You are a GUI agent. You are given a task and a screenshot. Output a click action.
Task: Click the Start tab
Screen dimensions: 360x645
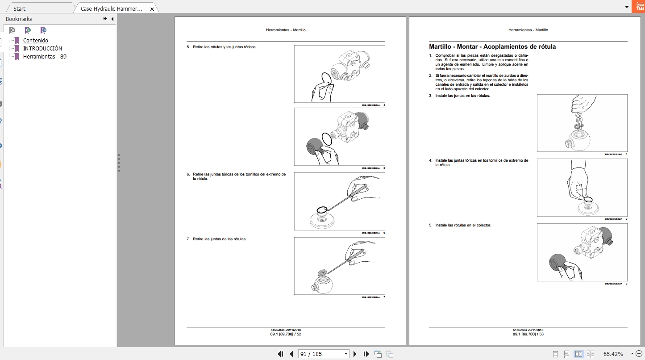coord(19,8)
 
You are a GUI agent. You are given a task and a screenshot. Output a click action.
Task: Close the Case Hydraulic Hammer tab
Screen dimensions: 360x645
coord(152,8)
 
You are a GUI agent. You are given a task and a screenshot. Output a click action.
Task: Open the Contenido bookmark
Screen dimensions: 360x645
coord(36,41)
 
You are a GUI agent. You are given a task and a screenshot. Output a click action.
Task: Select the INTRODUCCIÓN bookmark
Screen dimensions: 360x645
coord(42,49)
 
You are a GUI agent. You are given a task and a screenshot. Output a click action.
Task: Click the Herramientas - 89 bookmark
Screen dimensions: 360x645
coord(45,57)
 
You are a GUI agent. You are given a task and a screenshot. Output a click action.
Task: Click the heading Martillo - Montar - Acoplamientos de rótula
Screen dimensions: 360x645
coord(492,46)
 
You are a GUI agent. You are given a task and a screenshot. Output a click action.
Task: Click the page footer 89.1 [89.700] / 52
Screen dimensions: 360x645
coord(286,334)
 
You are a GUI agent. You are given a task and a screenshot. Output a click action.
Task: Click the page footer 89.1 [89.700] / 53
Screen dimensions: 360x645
coord(528,334)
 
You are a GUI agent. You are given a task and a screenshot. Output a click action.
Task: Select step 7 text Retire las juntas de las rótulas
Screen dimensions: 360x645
coord(219,239)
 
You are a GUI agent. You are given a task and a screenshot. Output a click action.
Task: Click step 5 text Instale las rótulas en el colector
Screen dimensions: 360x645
coord(463,225)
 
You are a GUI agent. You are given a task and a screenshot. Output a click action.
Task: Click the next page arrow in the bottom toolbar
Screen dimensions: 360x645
coord(355,354)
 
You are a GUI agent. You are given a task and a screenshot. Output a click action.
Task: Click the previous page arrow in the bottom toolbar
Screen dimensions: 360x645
coord(291,354)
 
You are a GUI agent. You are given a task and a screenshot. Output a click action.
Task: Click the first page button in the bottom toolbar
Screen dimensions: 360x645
coord(280,354)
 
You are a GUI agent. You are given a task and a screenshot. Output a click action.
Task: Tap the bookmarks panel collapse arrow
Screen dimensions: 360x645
coord(112,19)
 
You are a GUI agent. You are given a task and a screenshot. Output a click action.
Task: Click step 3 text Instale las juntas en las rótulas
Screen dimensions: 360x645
coord(462,96)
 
